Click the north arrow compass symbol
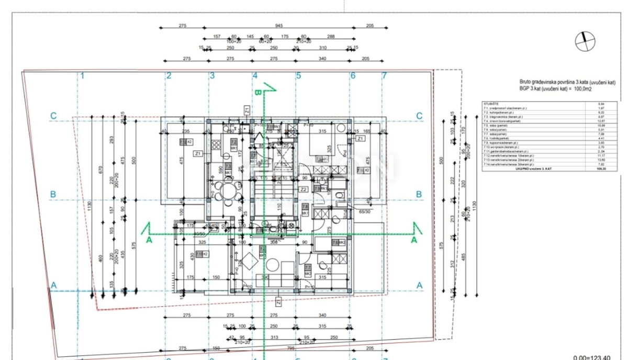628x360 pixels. tap(585, 41)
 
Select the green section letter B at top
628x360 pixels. tap(257, 92)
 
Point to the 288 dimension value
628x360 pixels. tap(330, 37)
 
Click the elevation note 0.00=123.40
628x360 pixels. tap(591, 357)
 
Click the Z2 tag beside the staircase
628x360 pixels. tap(303, 189)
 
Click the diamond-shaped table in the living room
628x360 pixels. tap(248, 259)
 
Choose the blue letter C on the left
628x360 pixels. tap(53, 116)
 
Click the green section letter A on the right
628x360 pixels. tap(414, 240)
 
